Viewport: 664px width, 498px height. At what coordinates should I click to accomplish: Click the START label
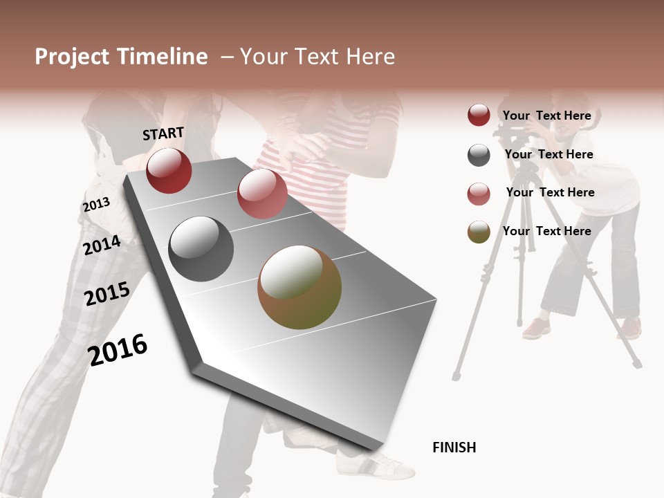(163, 133)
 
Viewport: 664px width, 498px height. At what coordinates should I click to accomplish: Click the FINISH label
(454, 448)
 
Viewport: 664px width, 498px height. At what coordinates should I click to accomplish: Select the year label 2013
(96, 205)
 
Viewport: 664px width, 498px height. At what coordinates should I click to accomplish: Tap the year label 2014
(102, 246)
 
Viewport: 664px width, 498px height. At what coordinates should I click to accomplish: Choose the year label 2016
(118, 350)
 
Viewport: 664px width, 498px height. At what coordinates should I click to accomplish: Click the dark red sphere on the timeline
(169, 170)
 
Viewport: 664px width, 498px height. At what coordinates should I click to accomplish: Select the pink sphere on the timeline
(262, 194)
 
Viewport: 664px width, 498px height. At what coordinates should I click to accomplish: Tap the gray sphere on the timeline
(201, 249)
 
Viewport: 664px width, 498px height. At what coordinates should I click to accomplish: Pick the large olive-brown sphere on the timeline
(299, 287)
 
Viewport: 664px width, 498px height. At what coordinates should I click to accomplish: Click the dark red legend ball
(479, 116)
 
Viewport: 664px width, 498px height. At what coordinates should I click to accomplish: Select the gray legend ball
(479, 155)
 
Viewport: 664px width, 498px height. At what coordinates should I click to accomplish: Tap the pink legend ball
(479, 194)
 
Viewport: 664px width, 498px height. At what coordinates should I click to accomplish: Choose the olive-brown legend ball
(479, 232)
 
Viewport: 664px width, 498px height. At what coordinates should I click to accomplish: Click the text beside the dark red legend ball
(546, 116)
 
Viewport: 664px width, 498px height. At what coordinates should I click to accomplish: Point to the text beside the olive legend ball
(546, 231)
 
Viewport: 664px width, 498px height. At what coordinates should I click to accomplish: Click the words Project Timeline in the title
(121, 57)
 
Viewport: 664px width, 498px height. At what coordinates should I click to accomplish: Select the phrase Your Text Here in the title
(317, 57)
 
